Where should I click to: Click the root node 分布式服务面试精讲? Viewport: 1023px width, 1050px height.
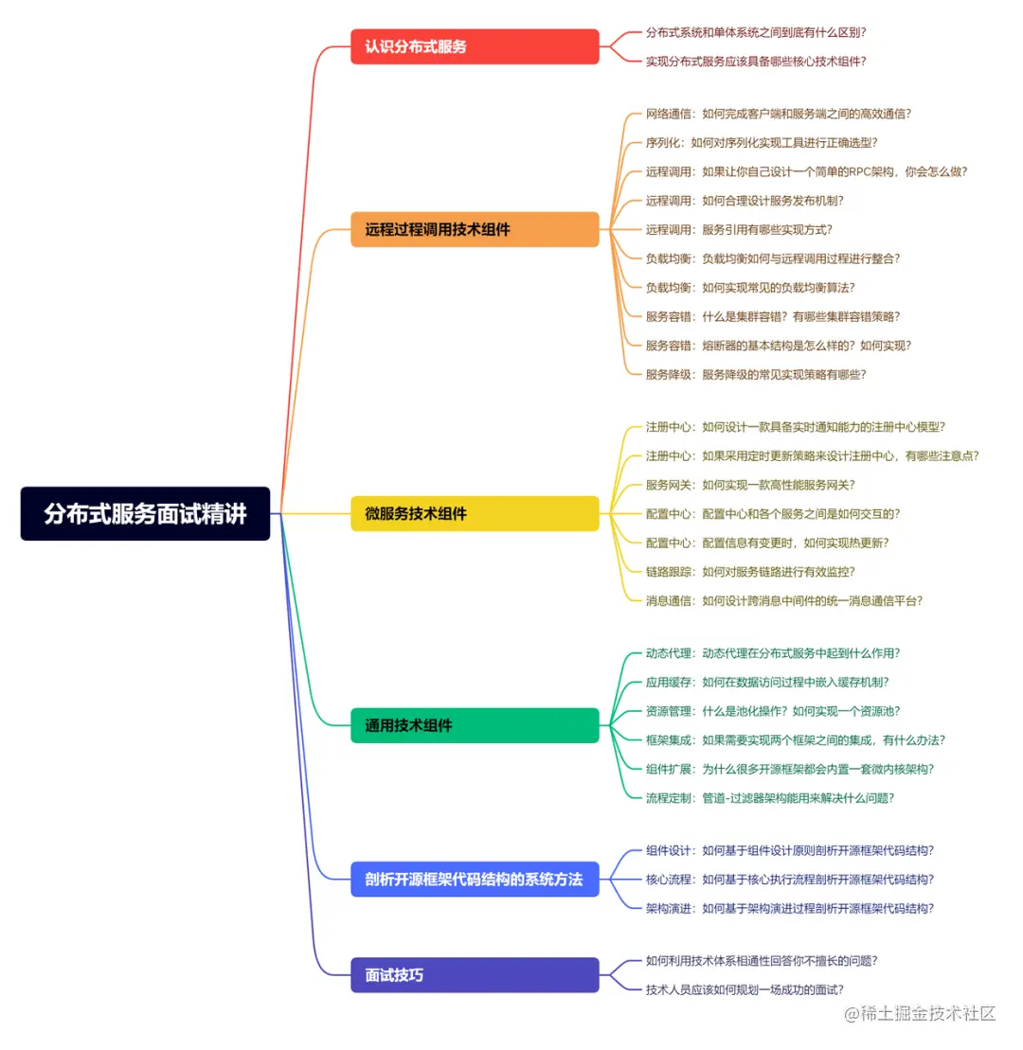coord(145,513)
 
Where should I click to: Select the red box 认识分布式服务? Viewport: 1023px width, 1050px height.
coord(475,46)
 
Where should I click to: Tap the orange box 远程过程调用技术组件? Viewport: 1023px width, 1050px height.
coord(475,229)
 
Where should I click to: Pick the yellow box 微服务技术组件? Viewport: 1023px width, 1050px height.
coord(475,513)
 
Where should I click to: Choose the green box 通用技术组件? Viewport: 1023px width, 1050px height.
coord(475,725)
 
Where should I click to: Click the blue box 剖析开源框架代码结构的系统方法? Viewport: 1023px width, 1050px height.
coord(475,879)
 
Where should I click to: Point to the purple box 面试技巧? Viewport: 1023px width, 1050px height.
coord(475,974)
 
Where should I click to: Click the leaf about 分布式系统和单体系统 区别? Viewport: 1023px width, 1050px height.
coord(755,32)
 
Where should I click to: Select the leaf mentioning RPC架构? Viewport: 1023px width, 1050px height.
coord(806,171)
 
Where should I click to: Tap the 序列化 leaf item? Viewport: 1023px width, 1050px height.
coord(761,142)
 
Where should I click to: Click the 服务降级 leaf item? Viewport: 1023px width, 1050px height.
coord(755,374)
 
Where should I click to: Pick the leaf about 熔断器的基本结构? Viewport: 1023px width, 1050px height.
coord(778,346)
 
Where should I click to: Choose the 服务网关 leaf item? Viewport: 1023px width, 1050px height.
coord(749,485)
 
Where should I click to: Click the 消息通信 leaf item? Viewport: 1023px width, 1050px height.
coord(783,600)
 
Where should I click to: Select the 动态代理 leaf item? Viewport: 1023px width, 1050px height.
coord(772,652)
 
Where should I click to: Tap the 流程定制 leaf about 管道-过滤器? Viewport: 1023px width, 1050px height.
coord(769,797)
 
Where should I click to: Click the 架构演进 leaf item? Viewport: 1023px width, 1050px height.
coord(789,908)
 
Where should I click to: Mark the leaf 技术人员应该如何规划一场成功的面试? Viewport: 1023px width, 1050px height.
coord(744,989)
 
